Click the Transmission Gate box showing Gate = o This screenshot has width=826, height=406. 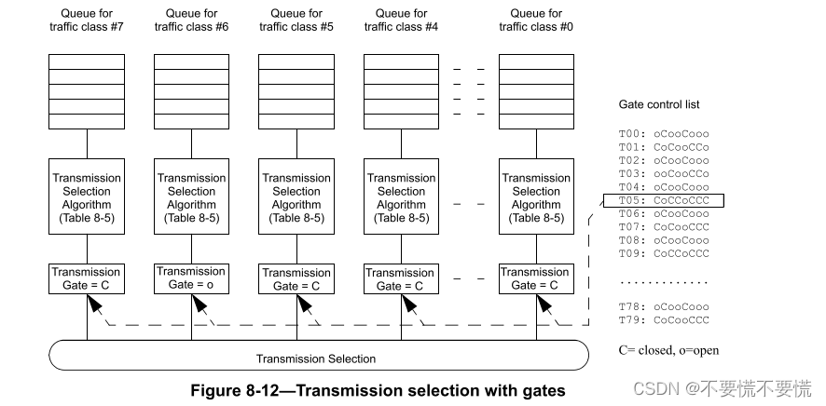click(191, 278)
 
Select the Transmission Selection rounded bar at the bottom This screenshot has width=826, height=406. click(317, 358)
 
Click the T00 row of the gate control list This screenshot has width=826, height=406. click(664, 133)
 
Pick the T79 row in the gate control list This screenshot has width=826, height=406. click(664, 319)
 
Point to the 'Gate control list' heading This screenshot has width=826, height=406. click(659, 104)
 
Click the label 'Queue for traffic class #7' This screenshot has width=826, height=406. click(86, 20)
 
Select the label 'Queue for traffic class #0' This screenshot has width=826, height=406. click(536, 20)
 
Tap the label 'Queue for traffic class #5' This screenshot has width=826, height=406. click(296, 20)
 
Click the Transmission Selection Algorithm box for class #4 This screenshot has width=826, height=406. click(401, 197)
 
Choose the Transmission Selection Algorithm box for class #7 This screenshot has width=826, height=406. click(87, 197)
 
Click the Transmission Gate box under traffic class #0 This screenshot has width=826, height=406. click(536, 278)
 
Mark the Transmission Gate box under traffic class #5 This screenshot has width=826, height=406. click(296, 278)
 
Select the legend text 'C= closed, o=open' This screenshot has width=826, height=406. click(668, 350)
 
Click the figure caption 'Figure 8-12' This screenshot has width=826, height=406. click(378, 390)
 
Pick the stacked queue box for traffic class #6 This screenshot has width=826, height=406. click(191, 91)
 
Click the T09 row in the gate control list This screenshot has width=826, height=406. click(664, 252)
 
